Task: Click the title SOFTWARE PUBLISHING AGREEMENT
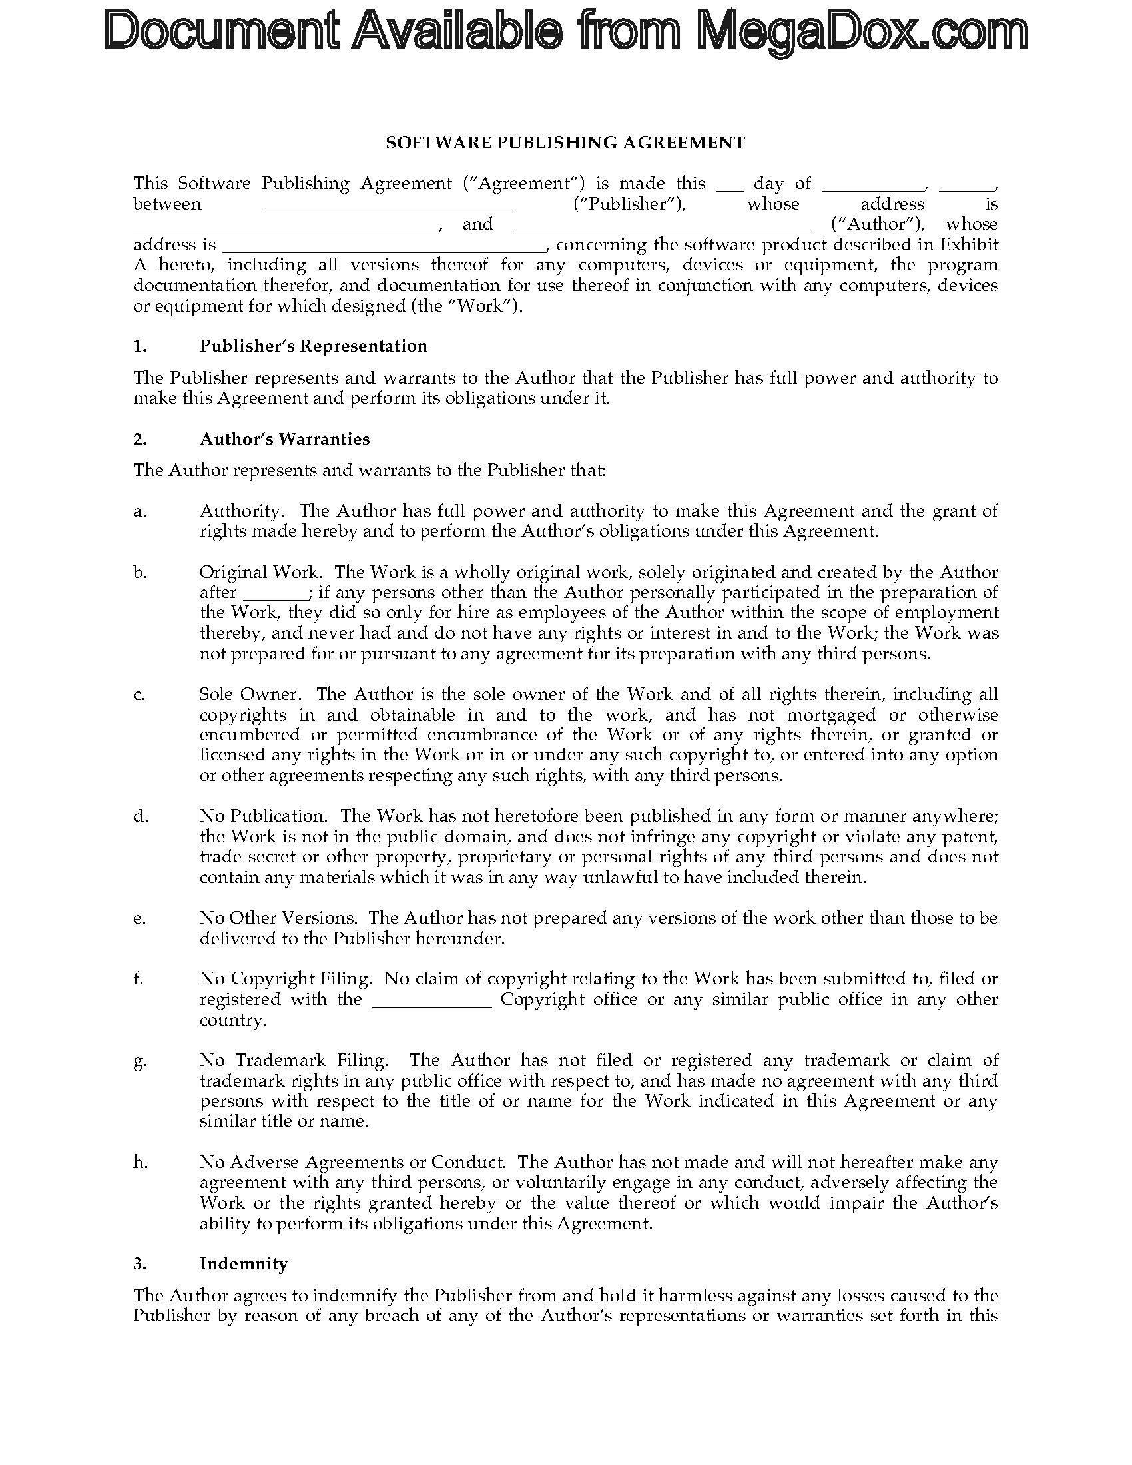(x=565, y=143)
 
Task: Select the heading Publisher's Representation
(x=313, y=346)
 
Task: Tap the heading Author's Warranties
(x=284, y=439)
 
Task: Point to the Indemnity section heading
(x=244, y=1264)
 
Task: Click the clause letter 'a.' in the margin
(x=139, y=511)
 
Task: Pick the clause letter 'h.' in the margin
(x=140, y=1163)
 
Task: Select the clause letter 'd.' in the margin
(x=140, y=816)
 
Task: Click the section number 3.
(x=139, y=1264)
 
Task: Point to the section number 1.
(x=139, y=346)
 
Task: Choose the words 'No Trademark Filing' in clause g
(x=293, y=1061)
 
